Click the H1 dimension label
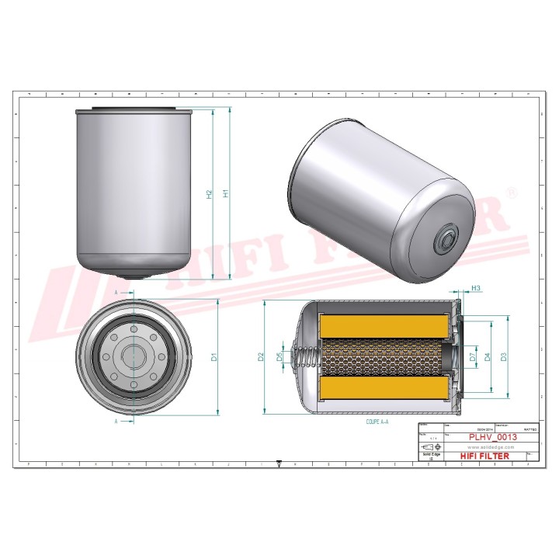(x=226, y=193)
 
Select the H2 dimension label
(x=209, y=193)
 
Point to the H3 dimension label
(x=477, y=289)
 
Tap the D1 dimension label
(x=215, y=358)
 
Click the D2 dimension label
(x=262, y=358)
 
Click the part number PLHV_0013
(x=492, y=438)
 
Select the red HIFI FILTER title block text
(x=484, y=456)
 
